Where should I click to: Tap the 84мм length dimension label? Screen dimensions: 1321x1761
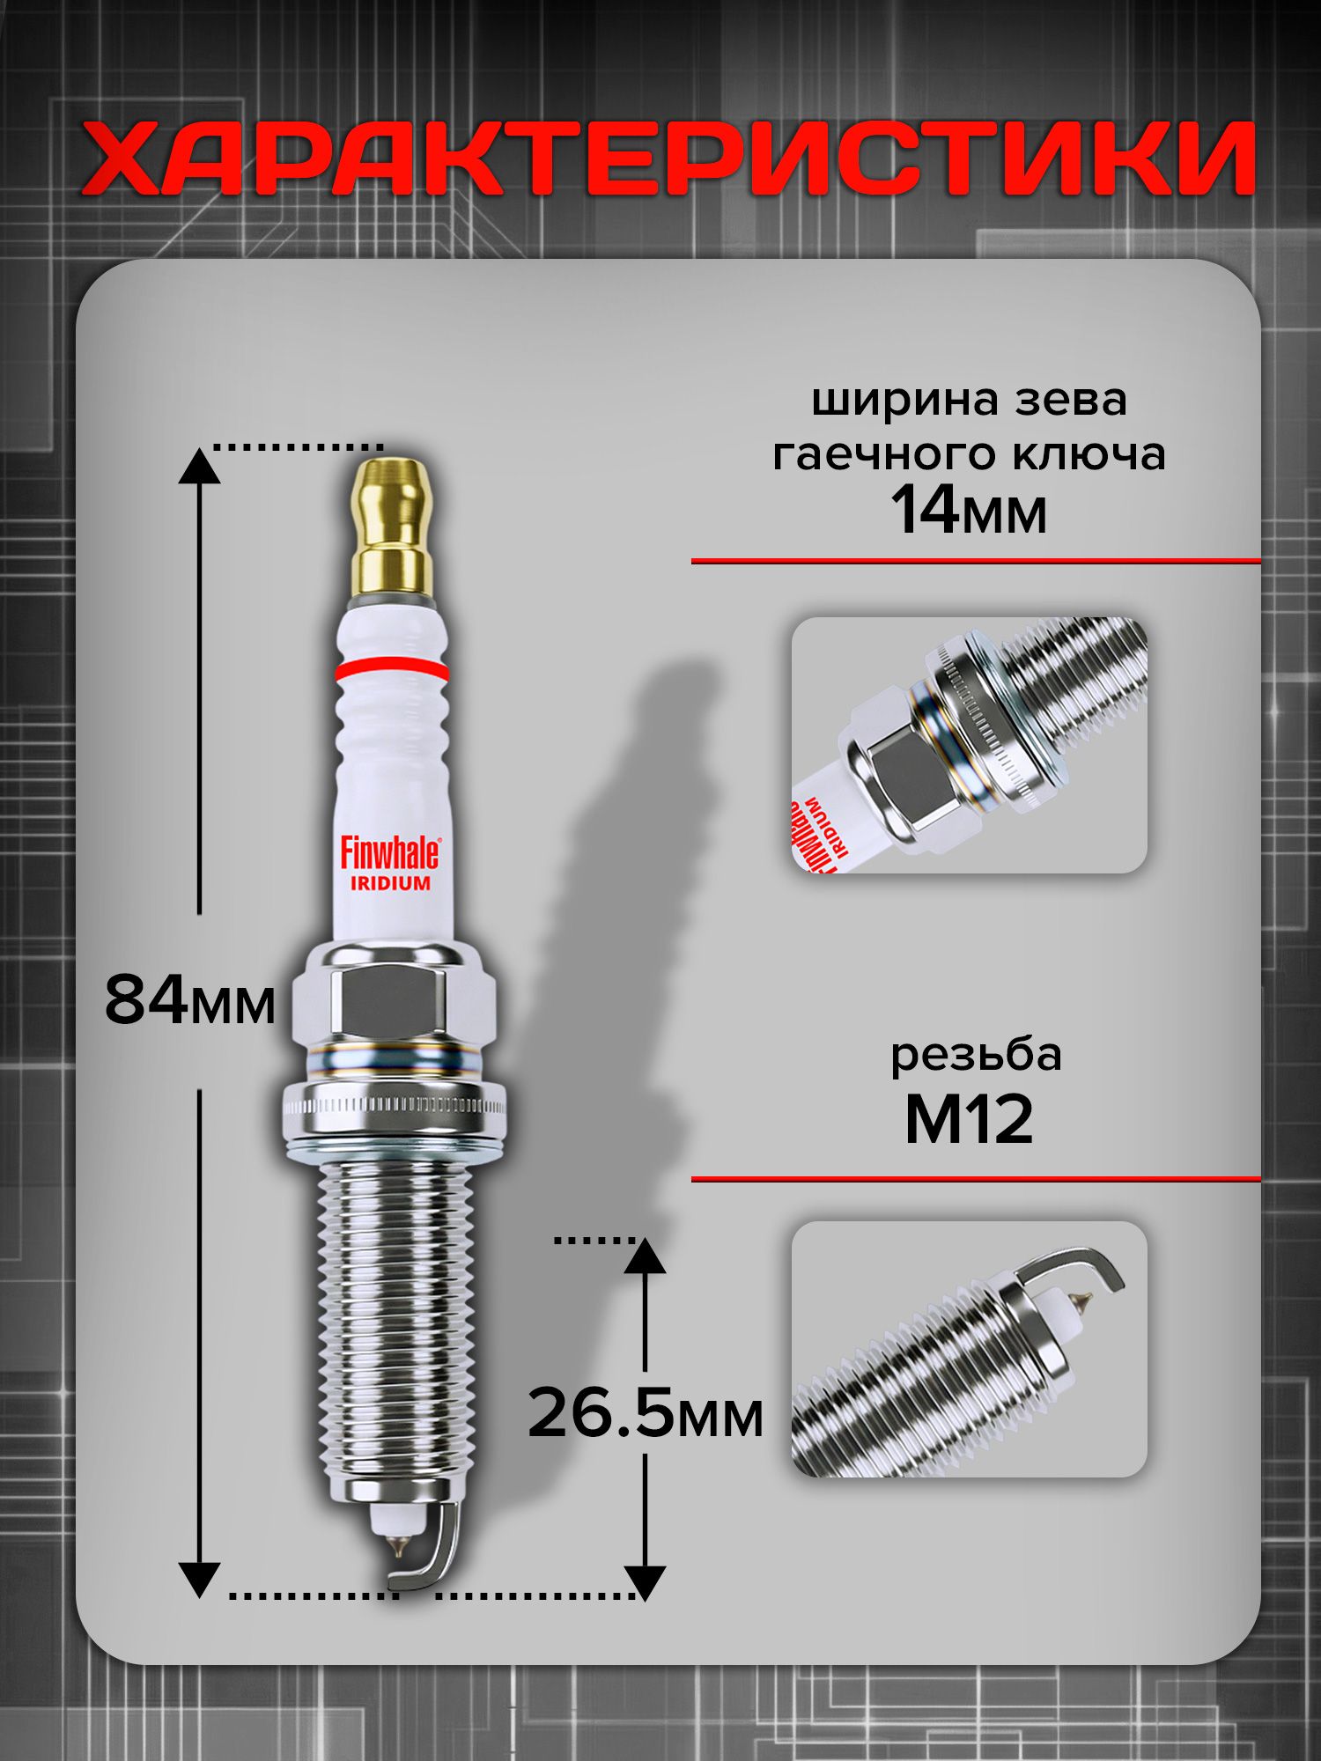coord(190,1000)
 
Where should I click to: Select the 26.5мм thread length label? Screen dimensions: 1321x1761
coord(646,1413)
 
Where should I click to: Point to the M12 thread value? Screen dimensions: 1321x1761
coord(969,1119)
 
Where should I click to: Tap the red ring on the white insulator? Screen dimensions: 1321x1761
coord(391,670)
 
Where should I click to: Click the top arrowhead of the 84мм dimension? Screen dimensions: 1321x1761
coord(200,466)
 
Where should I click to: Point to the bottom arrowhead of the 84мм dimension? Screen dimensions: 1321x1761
coord(200,1578)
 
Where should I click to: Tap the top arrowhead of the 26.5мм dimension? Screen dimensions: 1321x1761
coord(646,1256)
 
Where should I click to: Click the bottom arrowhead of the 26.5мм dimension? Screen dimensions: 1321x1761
coord(646,1582)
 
